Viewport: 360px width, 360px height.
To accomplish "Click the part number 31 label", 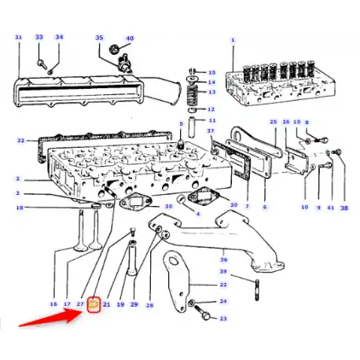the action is [x=18, y=37].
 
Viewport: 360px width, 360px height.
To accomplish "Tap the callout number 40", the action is [x=130, y=39].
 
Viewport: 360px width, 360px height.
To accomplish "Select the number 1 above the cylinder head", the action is [x=233, y=40].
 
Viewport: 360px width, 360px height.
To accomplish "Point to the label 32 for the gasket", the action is [x=20, y=141].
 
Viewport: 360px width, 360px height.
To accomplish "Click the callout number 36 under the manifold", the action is [x=223, y=259].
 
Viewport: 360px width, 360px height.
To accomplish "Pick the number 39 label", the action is [x=223, y=271].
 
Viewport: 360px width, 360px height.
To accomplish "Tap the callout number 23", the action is [x=223, y=318].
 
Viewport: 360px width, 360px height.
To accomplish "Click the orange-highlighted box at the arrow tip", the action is [x=94, y=304].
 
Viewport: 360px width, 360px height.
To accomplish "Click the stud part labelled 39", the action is [x=257, y=290].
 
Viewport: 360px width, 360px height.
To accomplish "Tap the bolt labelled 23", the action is [x=203, y=312].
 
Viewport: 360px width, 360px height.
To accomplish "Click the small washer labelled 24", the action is [x=192, y=303].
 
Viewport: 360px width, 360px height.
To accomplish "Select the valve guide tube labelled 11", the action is [x=192, y=127].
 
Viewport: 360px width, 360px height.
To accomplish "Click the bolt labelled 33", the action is [x=42, y=63].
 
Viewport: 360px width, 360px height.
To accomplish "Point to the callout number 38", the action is [x=344, y=208].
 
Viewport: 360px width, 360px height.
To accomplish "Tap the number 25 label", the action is [x=274, y=122].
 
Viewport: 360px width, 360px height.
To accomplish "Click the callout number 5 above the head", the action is [x=181, y=123].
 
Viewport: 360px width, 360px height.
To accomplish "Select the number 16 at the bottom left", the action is [x=53, y=303].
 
